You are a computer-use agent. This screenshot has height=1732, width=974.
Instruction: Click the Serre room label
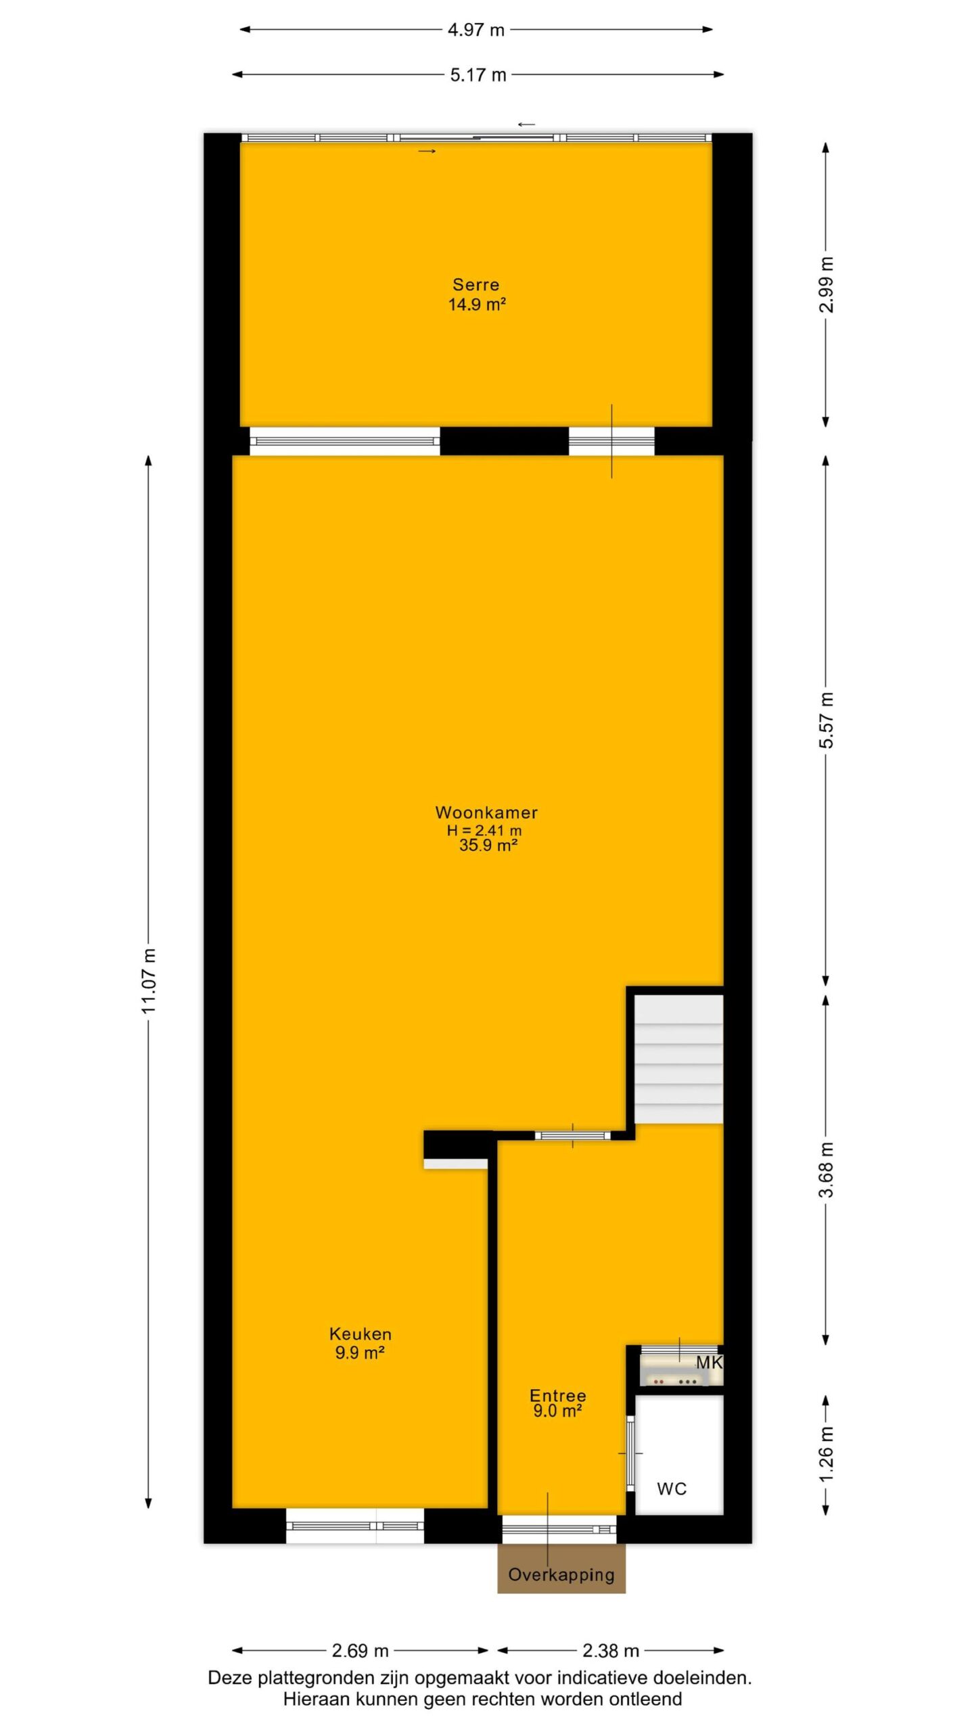click(x=476, y=285)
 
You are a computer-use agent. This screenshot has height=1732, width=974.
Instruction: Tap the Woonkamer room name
click(x=486, y=813)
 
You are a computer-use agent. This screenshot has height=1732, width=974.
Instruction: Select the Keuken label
click(x=360, y=1334)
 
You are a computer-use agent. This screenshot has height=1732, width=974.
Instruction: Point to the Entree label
click(x=557, y=1395)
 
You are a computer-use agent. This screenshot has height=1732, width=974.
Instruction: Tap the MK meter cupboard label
click(x=709, y=1363)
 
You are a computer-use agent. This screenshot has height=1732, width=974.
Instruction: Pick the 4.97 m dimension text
click(x=476, y=30)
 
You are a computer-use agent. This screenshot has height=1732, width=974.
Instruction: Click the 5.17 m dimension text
click(x=478, y=74)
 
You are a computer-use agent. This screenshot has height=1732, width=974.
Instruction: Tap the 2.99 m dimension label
click(x=826, y=285)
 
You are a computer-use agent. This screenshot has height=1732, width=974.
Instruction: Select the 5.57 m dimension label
click(x=826, y=721)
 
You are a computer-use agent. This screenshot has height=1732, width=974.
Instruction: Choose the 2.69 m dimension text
click(x=360, y=1651)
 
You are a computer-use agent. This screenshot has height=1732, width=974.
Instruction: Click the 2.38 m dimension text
click(x=611, y=1651)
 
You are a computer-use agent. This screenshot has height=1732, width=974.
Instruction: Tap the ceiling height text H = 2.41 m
click(x=484, y=830)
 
